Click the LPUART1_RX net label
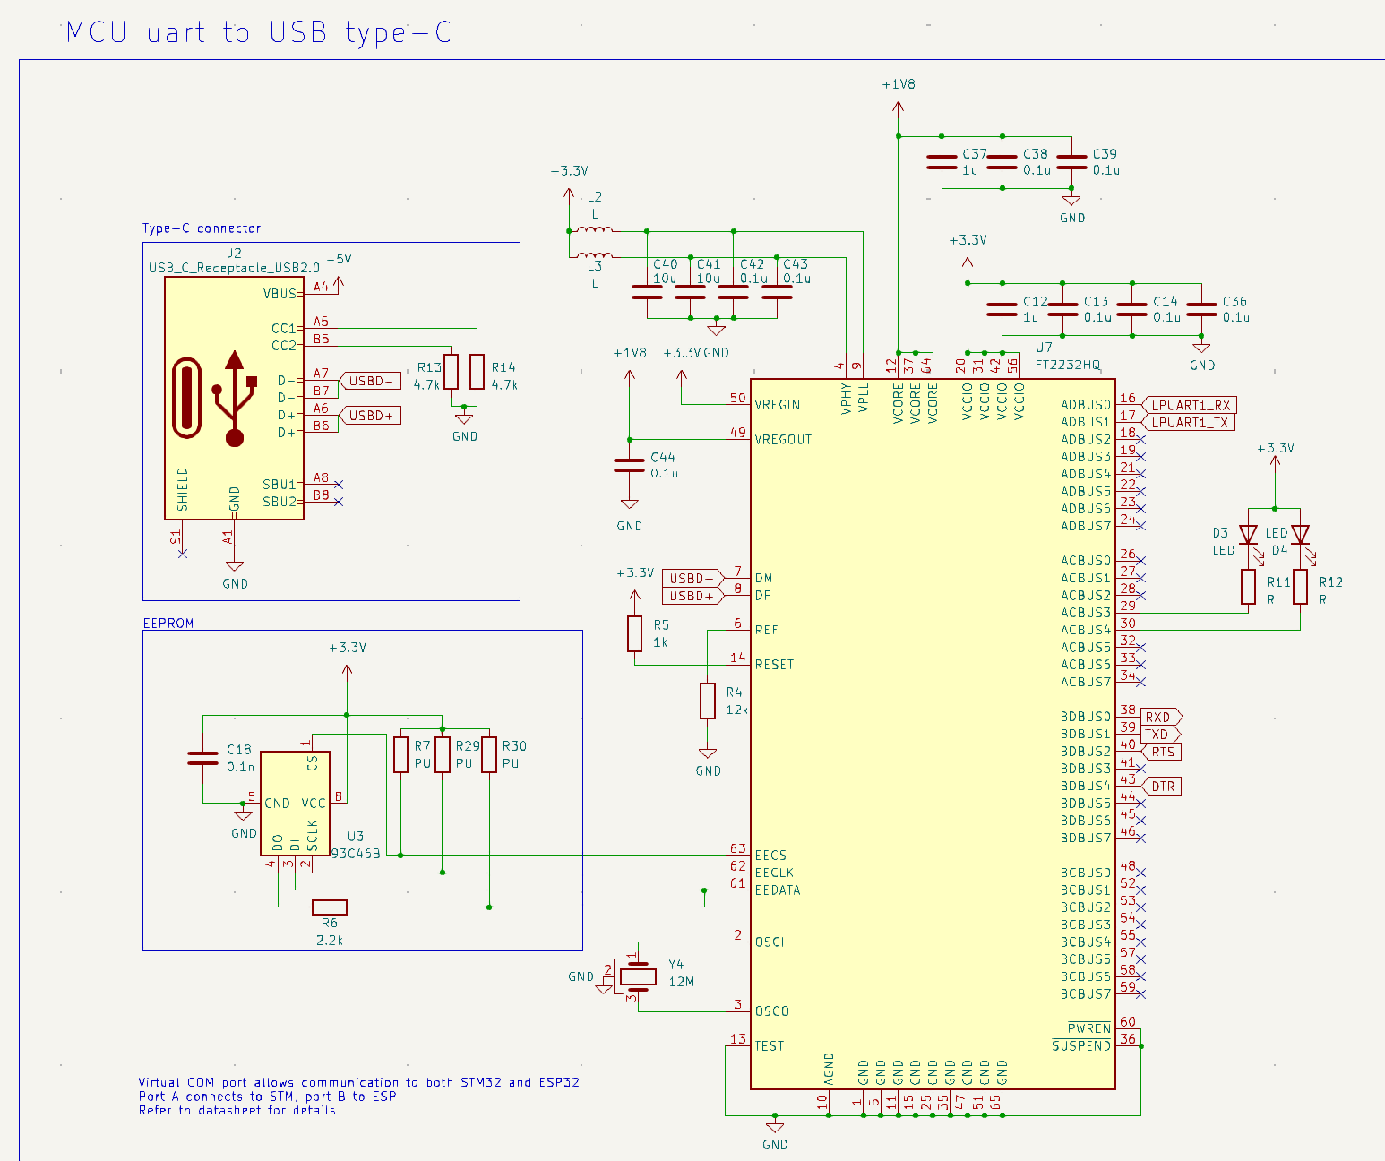1190,405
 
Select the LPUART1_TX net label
1188,423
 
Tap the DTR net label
1161,787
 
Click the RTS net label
1161,752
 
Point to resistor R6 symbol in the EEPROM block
330,907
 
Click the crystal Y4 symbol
638,976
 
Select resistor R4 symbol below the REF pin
708,701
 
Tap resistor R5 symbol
635,633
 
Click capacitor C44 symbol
630,465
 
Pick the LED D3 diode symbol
1248,535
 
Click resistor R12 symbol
1300,587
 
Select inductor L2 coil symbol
594,230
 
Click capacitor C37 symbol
942,162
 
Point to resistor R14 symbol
477,372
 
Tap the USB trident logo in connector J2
234,398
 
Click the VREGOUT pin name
783,439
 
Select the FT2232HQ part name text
1067,365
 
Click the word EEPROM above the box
168,623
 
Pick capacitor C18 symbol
203,758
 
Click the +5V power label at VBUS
339,259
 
